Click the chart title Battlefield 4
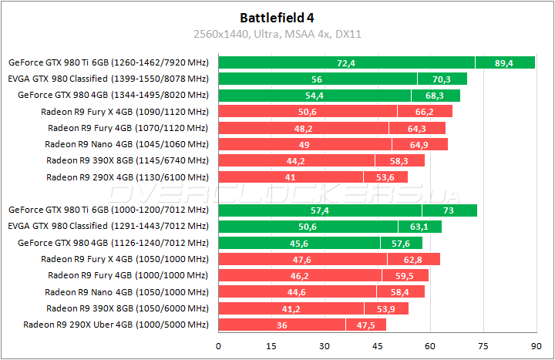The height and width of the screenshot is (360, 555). [x=277, y=16]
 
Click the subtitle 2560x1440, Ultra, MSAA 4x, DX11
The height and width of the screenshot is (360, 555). [x=277, y=34]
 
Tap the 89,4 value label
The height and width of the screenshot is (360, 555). [x=504, y=62]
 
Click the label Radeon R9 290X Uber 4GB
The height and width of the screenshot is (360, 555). [x=116, y=325]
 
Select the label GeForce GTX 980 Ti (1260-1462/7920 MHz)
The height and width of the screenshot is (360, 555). [x=108, y=62]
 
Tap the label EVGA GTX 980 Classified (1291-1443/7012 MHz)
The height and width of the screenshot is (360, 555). [x=108, y=226]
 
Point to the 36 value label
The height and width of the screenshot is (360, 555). [x=282, y=325]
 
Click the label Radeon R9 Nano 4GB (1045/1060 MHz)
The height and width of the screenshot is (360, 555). [x=126, y=144]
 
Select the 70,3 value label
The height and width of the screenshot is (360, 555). [x=441, y=79]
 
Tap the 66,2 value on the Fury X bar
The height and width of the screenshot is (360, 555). [x=425, y=112]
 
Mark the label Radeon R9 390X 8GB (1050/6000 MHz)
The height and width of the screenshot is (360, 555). [x=126, y=308]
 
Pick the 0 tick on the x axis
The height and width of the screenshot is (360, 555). [x=219, y=345]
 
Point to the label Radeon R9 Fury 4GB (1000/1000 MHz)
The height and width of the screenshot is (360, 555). [x=127, y=275]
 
